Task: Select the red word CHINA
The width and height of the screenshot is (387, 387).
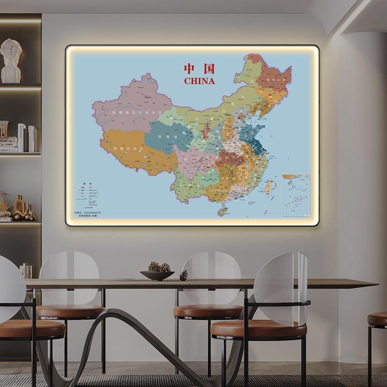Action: click(199, 81)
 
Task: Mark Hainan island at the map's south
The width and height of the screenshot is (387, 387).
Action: click(223, 211)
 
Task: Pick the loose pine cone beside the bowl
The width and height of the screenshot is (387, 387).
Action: click(184, 275)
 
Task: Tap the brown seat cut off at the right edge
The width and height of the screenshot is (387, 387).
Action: click(378, 319)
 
